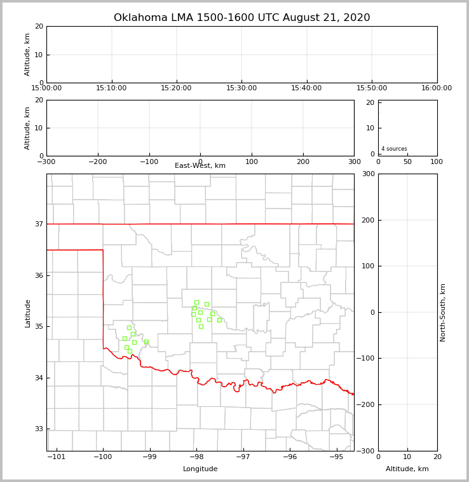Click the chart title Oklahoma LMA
tap(241, 18)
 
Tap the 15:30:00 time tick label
tap(241, 88)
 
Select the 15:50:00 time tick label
tap(372, 88)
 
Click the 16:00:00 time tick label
tap(437, 88)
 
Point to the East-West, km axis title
tap(200, 166)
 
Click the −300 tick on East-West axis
tap(46, 162)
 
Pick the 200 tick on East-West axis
tap(303, 162)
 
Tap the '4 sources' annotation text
tap(394, 149)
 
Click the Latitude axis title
tap(27, 313)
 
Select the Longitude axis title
tap(200, 469)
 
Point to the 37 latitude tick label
tap(39, 224)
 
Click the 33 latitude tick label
tap(39, 429)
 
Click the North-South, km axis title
tap(443, 312)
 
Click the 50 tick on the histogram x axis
tap(407, 162)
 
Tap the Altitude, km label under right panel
tap(407, 469)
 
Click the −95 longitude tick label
tap(336, 457)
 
